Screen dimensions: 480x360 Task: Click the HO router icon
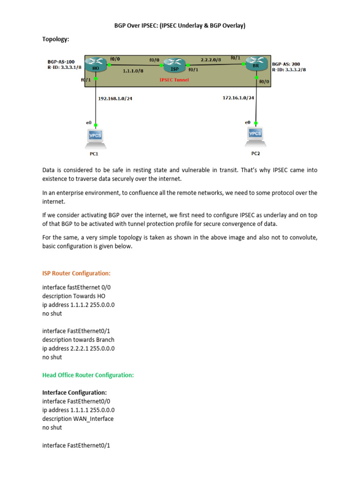pos(96,65)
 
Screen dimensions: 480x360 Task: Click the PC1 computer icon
pos(96,137)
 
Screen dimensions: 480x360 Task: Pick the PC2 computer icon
pos(255,135)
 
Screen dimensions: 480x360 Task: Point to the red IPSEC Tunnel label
pos(174,80)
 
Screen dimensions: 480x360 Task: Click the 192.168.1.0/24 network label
pos(115,98)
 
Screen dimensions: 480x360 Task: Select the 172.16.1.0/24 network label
pos(239,97)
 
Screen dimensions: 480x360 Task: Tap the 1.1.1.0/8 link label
pos(133,70)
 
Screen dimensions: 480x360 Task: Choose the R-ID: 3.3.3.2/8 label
pos(289,69)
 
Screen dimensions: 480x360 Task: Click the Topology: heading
pos(56,39)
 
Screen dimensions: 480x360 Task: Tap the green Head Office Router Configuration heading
pos(88,375)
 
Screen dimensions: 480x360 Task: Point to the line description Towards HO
pos(74,296)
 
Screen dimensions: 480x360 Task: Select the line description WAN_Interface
pos(78,419)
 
